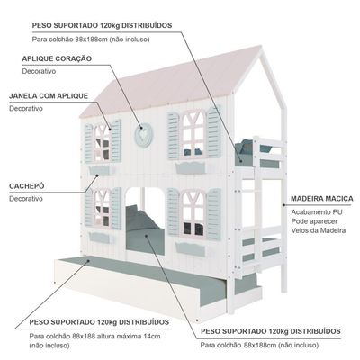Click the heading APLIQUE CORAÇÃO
tap(57, 58)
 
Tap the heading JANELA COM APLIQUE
tap(49, 96)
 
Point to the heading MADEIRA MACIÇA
tap(322, 199)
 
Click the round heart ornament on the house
tap(143, 136)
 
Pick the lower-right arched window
tap(193, 213)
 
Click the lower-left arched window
tap(103, 209)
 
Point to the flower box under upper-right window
tap(191, 167)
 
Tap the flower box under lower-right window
tap(191, 249)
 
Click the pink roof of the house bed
tap(174, 81)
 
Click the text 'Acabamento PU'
tap(317, 212)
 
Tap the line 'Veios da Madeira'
tap(319, 230)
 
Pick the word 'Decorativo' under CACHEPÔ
tap(26, 199)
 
